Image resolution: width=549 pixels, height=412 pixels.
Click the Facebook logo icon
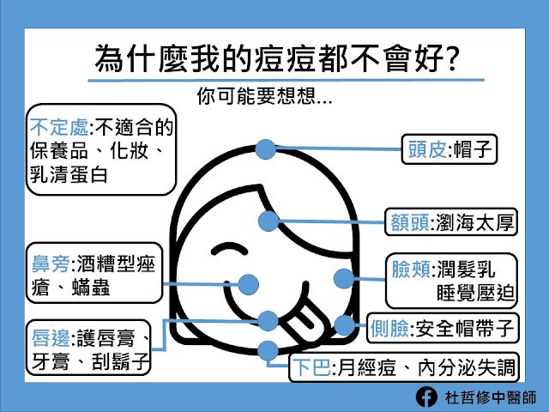[x=426, y=397]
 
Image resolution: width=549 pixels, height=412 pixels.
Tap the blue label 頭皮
[x=427, y=149]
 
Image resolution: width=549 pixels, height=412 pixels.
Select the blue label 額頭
[x=409, y=222]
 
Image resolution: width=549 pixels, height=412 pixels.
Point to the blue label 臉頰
[x=411, y=270]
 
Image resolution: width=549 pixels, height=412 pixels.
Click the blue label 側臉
[x=389, y=328]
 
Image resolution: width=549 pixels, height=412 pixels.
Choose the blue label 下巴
[x=311, y=367]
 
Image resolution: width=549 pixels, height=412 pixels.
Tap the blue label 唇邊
[x=51, y=338]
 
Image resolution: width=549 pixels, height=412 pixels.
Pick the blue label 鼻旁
[x=51, y=264]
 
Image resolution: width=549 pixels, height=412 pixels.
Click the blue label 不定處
[x=59, y=127]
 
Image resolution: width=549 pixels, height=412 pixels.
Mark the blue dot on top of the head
[x=265, y=149]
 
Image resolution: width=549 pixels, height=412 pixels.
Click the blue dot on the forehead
[x=268, y=221]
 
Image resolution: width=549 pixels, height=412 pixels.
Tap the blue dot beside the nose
[x=248, y=284]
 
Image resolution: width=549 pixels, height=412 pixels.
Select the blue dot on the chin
[x=268, y=351]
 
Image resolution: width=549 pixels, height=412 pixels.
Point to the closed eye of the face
[x=229, y=248]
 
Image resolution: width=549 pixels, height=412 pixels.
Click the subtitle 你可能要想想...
[x=264, y=96]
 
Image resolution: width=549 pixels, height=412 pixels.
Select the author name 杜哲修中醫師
[x=491, y=397]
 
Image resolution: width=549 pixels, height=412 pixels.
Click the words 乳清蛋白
[x=69, y=174]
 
